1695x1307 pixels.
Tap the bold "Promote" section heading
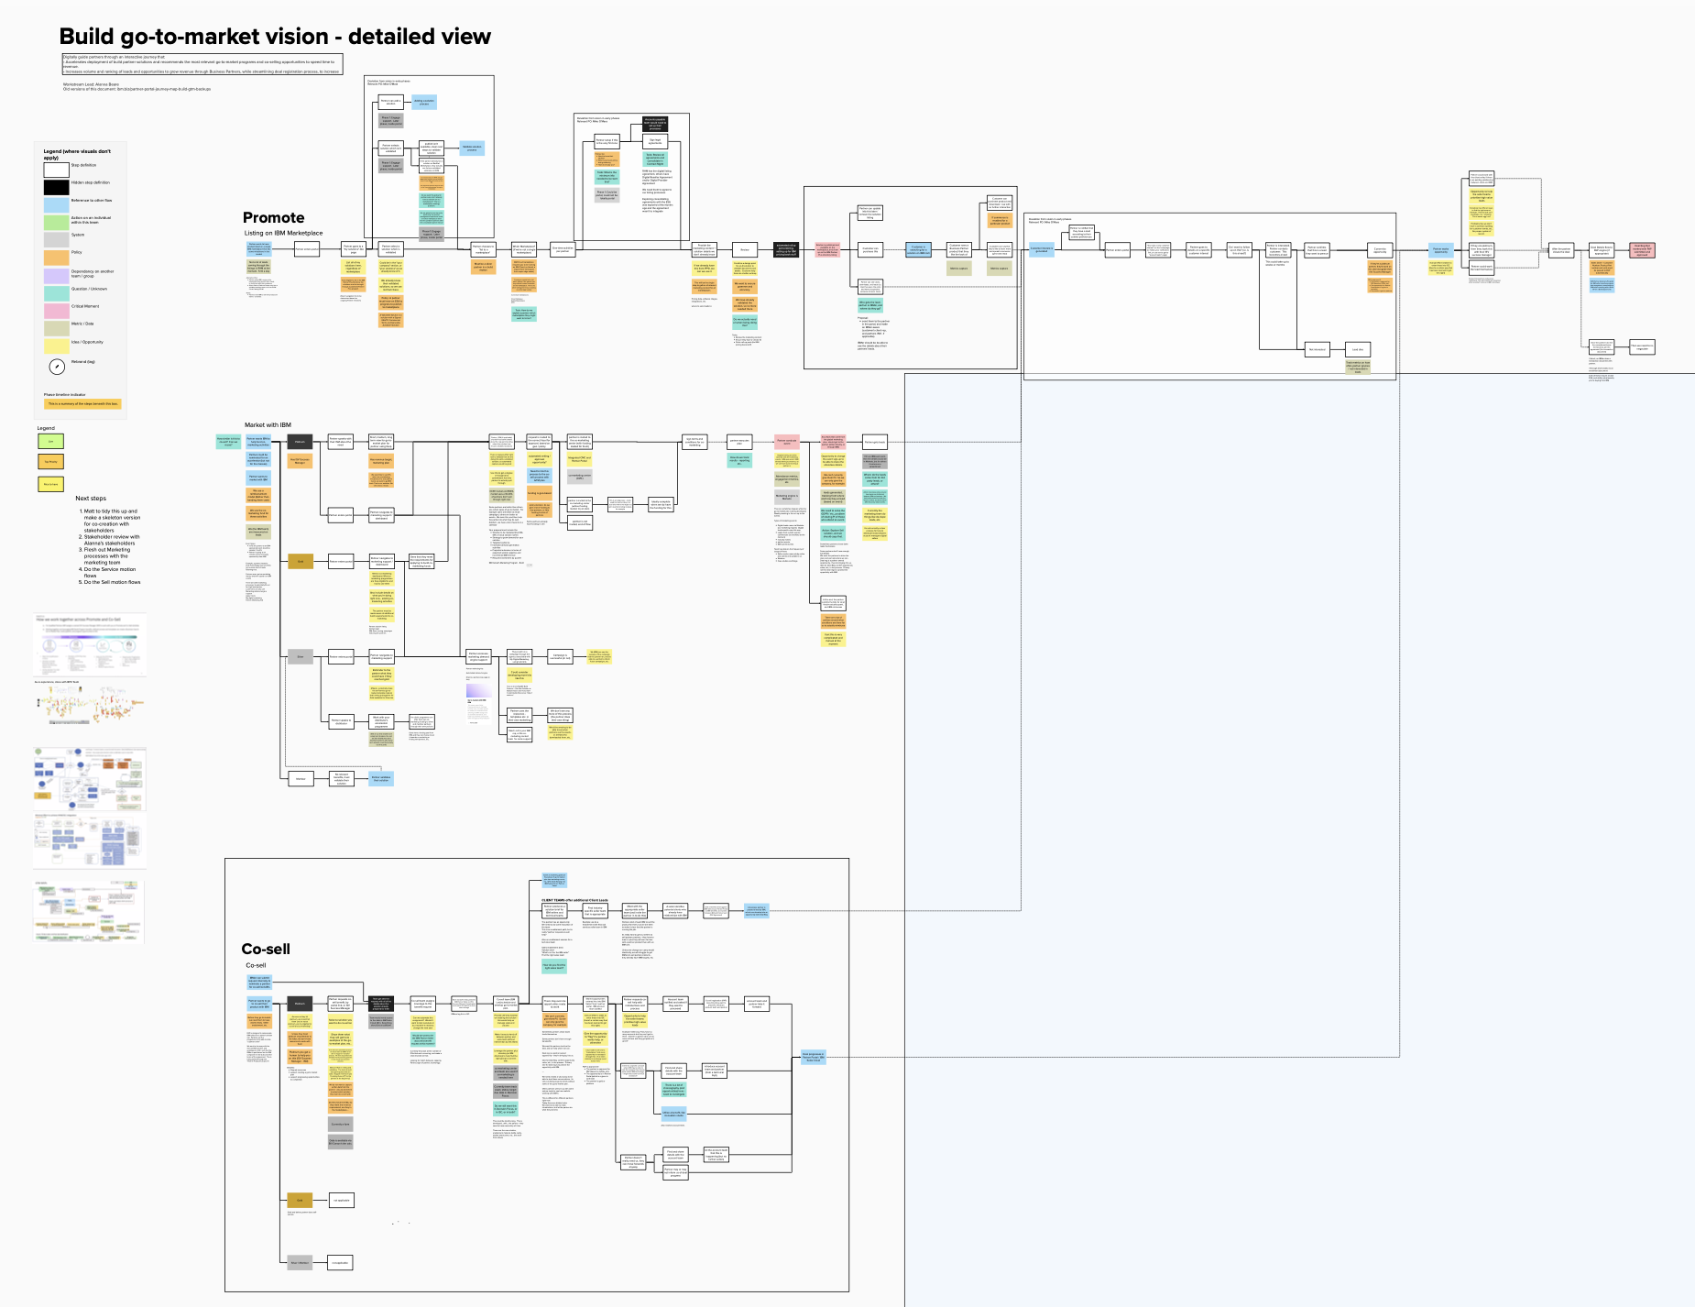point(273,217)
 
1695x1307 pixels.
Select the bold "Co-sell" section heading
point(266,949)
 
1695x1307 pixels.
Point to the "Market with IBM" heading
point(268,425)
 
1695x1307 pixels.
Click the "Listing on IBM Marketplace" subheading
point(283,234)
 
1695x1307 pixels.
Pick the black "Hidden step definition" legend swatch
point(56,186)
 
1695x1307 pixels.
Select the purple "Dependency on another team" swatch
point(56,274)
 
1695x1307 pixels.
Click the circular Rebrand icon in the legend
point(57,366)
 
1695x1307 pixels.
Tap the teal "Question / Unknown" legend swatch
point(56,291)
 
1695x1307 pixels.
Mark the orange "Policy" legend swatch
point(56,257)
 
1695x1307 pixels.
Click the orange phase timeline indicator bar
point(82,403)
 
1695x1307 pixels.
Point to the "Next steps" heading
point(91,499)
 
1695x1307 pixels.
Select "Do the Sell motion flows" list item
point(112,582)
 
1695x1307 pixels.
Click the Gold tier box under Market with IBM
point(301,562)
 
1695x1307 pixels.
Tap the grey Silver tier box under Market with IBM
point(301,656)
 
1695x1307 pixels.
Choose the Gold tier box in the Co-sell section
point(300,1200)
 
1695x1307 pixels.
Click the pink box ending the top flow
point(1642,250)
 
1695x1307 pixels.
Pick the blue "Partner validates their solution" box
point(381,779)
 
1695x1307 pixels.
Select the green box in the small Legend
point(50,441)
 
